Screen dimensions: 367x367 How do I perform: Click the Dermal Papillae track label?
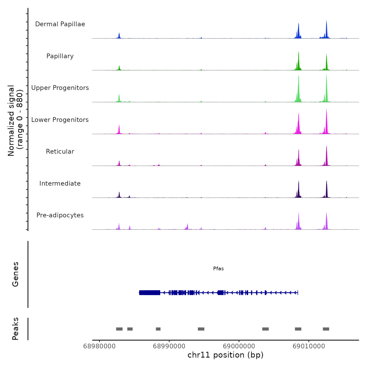60,24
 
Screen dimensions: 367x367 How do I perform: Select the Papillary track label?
60,56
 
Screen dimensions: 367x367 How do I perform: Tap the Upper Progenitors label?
60,88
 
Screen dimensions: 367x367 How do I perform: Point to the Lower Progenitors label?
60,120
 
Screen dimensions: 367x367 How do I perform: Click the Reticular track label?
60,152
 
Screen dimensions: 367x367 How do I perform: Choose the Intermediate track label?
60,183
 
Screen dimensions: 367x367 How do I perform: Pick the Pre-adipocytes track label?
60,215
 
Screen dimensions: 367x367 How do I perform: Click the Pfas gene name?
218,269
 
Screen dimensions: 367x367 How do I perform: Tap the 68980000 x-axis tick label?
99,346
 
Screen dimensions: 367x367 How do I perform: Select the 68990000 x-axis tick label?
169,346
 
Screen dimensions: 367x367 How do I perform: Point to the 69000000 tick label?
239,346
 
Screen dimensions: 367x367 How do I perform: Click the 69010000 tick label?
309,346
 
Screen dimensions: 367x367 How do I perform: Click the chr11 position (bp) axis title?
225,355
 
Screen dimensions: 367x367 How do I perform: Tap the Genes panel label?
15,274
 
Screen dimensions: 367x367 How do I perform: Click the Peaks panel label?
15,329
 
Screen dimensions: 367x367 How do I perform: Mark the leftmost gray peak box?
119,329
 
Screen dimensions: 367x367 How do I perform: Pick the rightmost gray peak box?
326,329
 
